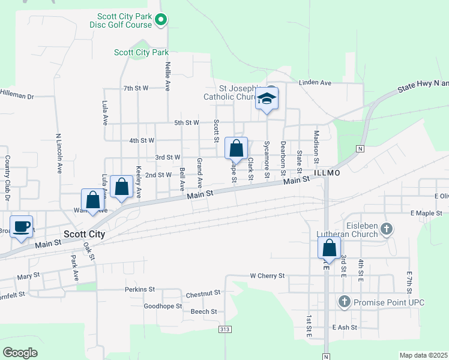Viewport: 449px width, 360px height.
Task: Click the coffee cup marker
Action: coord(22,227)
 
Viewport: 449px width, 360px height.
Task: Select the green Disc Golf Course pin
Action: coord(161,21)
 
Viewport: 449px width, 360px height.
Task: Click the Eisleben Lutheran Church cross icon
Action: coord(387,228)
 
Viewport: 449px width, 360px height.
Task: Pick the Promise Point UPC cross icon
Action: coord(345,302)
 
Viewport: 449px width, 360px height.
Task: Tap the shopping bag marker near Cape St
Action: coord(236,148)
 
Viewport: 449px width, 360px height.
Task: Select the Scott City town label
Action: coord(85,235)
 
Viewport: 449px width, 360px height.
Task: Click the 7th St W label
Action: coord(136,88)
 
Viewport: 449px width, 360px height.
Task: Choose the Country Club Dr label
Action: coord(8,178)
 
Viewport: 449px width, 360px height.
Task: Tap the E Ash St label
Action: coord(345,328)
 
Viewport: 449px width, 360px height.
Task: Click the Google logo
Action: coord(20,353)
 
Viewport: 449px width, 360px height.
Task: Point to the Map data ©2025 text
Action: coord(423,355)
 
